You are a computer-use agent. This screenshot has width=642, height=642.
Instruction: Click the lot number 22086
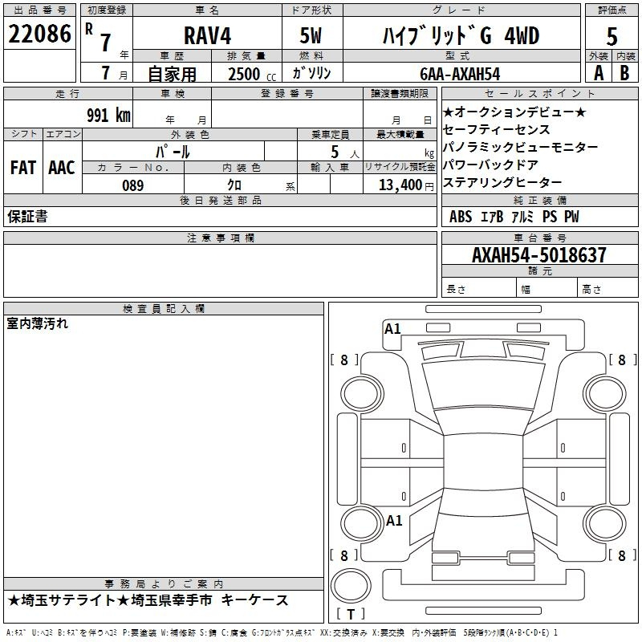pos(39,34)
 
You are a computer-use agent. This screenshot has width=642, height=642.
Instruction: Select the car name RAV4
pos(208,35)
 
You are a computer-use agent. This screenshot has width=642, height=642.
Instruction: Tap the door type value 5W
pos(311,35)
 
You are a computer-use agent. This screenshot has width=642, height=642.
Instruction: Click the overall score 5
pos(612,36)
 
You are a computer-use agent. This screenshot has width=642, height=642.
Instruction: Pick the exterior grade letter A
pos(599,73)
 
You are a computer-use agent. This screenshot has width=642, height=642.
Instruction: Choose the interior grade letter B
pos(624,73)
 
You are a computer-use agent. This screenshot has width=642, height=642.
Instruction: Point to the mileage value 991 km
pos(108,115)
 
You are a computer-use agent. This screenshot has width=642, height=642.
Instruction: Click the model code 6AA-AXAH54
pos(460,74)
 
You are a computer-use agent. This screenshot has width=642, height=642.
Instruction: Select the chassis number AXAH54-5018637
pos(538,255)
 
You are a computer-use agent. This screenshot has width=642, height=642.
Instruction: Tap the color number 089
pos(133,185)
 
